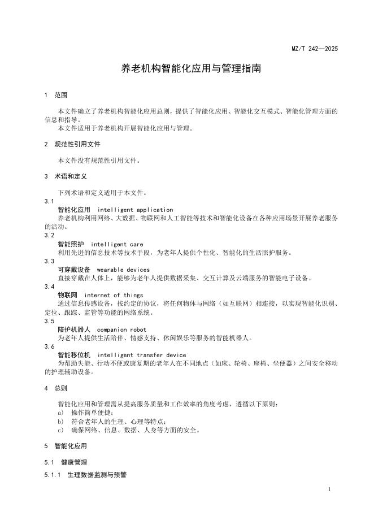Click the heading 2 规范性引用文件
point(72,144)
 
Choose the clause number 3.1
point(49,201)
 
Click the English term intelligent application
point(139,210)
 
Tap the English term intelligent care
point(116,245)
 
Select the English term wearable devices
point(123,270)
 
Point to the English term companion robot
point(121,329)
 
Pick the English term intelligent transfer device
point(145,354)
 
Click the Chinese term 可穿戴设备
point(74,270)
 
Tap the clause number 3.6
point(49,346)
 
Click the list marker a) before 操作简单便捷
point(60,413)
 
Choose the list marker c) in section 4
point(60,430)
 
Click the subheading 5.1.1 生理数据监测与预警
point(85,475)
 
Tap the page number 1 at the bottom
point(329,489)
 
